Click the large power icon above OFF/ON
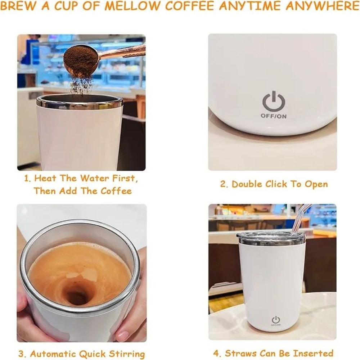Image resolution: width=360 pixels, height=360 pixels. coord(274,102)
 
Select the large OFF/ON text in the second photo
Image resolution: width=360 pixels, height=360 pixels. coord(274,116)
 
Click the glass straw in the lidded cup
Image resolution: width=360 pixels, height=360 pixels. coord(302,218)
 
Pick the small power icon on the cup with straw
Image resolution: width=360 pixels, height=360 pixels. coord(276,319)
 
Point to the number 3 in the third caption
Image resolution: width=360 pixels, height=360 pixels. coord(21,354)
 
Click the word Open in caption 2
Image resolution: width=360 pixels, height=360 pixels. coord(316,184)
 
